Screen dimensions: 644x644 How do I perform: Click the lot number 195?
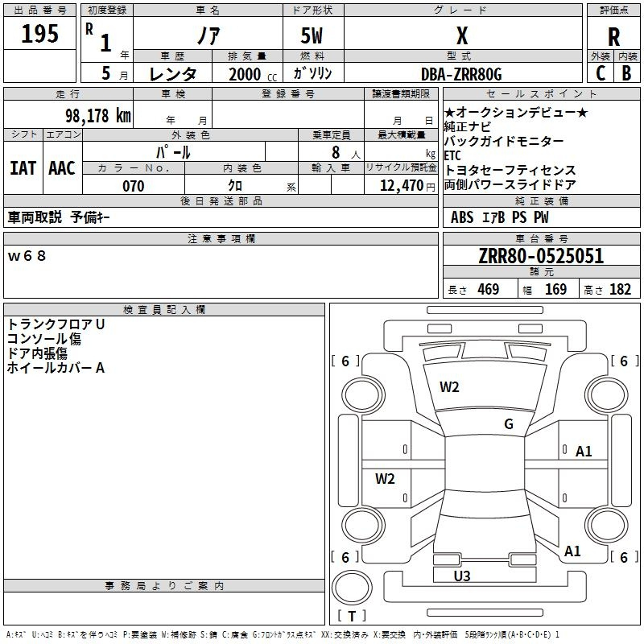tap(40, 35)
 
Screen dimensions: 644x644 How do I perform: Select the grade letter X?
tap(462, 35)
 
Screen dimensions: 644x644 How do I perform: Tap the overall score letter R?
tap(613, 37)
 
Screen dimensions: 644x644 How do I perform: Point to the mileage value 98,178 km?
tap(93, 115)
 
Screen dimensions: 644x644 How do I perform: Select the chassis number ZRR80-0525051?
tap(540, 257)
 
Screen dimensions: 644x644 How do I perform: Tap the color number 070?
tap(133, 186)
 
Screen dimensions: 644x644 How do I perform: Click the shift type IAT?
tap(23, 168)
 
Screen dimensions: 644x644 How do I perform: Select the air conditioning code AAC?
tap(62, 168)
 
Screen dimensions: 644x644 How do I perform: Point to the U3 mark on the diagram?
tap(462, 576)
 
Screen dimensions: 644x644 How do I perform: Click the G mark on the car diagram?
tap(509, 424)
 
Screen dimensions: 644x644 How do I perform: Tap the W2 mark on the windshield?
tap(449, 387)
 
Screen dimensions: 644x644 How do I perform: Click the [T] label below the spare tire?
tap(352, 617)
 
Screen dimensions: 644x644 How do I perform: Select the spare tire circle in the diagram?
tap(352, 586)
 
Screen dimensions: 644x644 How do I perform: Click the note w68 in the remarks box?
tap(27, 256)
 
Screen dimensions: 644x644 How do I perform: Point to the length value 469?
tap(488, 290)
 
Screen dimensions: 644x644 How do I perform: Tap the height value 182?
tap(620, 290)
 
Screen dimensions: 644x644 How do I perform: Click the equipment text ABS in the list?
tap(462, 217)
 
